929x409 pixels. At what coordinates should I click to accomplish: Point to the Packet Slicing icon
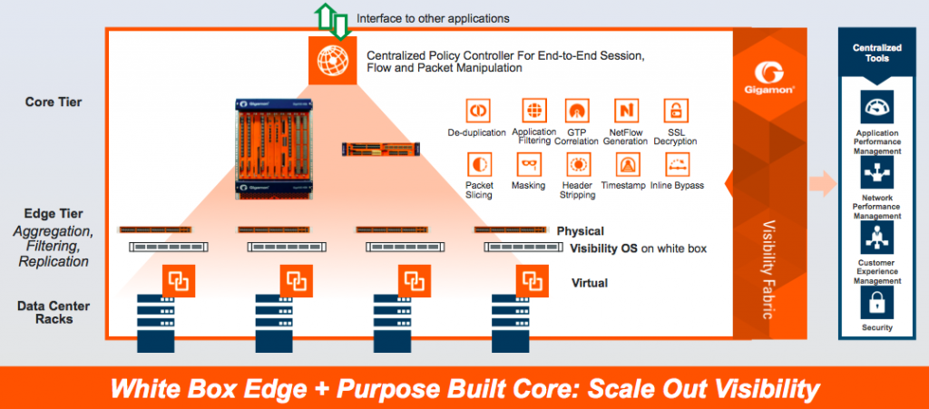coord(479,165)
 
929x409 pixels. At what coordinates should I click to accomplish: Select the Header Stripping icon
coord(577,165)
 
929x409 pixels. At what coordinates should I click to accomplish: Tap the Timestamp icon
coord(626,165)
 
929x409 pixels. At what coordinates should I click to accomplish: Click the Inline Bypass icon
coord(675,165)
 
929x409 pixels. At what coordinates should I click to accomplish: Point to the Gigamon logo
coord(777,73)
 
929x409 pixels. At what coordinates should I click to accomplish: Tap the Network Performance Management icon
coord(876,172)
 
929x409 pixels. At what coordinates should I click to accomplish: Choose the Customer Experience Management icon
coord(876,238)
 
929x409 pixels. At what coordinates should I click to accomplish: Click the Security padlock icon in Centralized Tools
coord(876,302)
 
